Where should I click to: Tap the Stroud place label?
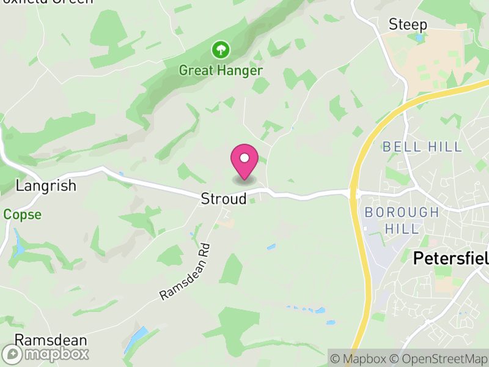point(224,199)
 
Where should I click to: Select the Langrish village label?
point(46,185)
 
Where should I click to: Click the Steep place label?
point(408,24)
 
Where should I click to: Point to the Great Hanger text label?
point(221,70)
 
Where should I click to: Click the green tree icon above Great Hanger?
point(220,49)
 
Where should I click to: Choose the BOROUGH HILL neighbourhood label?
point(402,220)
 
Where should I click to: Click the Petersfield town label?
point(451,258)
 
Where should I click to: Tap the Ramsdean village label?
point(51,340)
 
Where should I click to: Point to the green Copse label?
point(22,215)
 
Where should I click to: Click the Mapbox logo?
point(46,354)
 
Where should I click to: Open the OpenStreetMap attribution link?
point(439,358)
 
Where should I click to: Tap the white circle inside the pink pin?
point(244,158)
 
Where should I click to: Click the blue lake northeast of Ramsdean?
point(137,339)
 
